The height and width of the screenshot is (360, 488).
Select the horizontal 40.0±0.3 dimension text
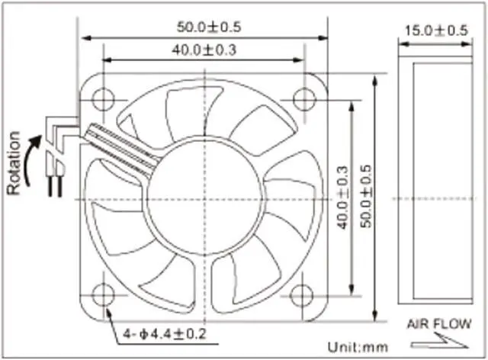click(204, 50)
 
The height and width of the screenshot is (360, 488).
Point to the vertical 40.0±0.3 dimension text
click(343, 198)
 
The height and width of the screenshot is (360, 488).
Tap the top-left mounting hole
click(104, 98)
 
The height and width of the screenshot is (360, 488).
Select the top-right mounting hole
click(304, 98)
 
